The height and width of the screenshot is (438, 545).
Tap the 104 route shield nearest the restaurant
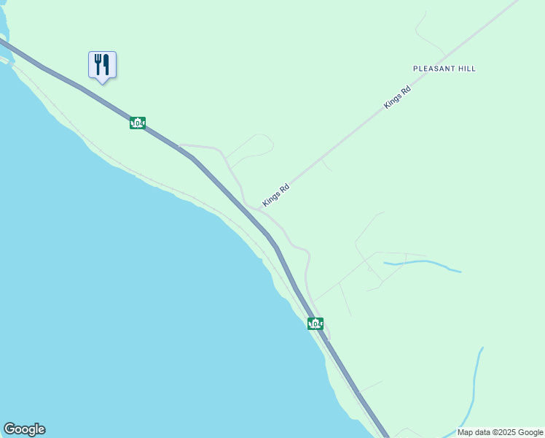[x=138, y=123]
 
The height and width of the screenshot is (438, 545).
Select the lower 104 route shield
[x=315, y=323]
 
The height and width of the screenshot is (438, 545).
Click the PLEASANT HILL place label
[x=444, y=69]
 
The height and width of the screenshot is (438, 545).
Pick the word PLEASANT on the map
[x=434, y=69]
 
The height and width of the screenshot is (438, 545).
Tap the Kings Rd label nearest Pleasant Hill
[x=398, y=97]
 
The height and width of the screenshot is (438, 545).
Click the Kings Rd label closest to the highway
[x=276, y=195]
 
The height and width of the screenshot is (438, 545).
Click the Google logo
[x=24, y=429]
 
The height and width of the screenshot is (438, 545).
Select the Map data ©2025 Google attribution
[x=501, y=432]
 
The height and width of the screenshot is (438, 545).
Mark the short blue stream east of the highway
[x=423, y=264]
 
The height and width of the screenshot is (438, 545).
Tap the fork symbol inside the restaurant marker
[x=98, y=64]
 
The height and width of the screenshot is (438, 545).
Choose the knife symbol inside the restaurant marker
[x=106, y=64]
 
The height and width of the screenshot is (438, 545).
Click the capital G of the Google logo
[x=9, y=429]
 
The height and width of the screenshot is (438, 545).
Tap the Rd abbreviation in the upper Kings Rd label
[x=406, y=89]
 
